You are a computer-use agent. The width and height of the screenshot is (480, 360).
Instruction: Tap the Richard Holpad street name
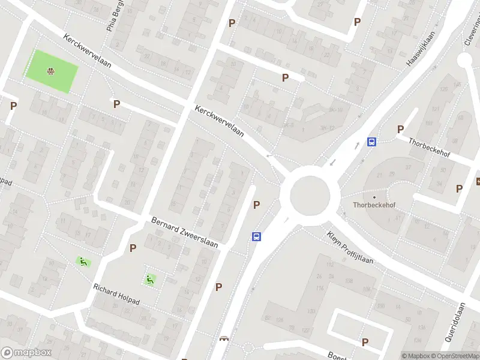pos(116,294)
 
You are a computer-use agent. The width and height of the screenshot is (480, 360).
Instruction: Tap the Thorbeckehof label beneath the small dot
pos(374,205)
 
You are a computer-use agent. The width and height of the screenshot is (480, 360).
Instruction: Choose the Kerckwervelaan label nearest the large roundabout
pos(218,121)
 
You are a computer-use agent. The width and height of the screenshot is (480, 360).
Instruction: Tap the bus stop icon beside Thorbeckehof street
pos(372,142)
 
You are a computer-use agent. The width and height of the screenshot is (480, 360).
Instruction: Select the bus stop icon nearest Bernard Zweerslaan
pos(256,236)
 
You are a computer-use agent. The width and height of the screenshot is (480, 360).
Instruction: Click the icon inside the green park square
pos(51,72)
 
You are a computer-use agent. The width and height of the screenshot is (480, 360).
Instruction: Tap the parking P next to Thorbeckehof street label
pos(400,130)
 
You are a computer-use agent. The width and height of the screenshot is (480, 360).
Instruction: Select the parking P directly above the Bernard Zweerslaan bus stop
pos(257,205)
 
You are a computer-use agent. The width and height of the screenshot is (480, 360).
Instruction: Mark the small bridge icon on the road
pos(225,338)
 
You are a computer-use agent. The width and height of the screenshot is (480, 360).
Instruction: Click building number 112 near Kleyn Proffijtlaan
pos(329,265)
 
